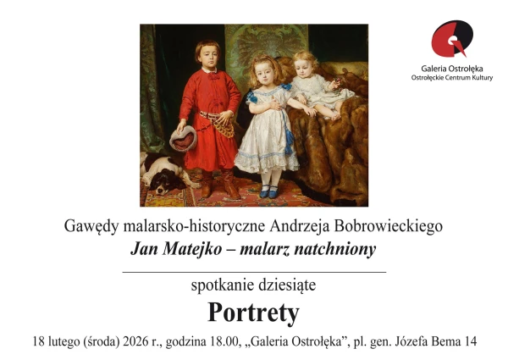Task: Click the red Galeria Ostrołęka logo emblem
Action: pyautogui.click(x=451, y=39)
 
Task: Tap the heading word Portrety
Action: pyautogui.click(x=253, y=313)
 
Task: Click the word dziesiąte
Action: pyautogui.click(x=283, y=285)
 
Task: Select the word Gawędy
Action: pyautogui.click(x=90, y=226)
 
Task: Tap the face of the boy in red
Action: pyautogui.click(x=208, y=55)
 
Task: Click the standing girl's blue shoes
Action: pyautogui.click(x=268, y=191)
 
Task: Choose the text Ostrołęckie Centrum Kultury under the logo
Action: pyautogui.click(x=451, y=76)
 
